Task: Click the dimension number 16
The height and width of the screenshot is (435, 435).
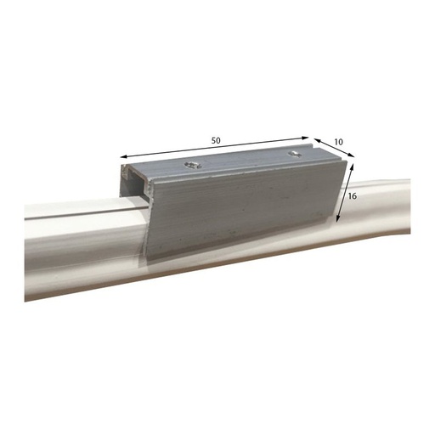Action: coord(353,195)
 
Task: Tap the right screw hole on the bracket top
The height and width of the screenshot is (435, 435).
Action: coord(294,154)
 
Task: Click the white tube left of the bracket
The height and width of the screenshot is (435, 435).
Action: coord(76,246)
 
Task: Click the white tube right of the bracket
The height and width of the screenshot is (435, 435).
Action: coord(382,208)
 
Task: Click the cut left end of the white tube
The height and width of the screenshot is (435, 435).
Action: coord(27,255)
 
